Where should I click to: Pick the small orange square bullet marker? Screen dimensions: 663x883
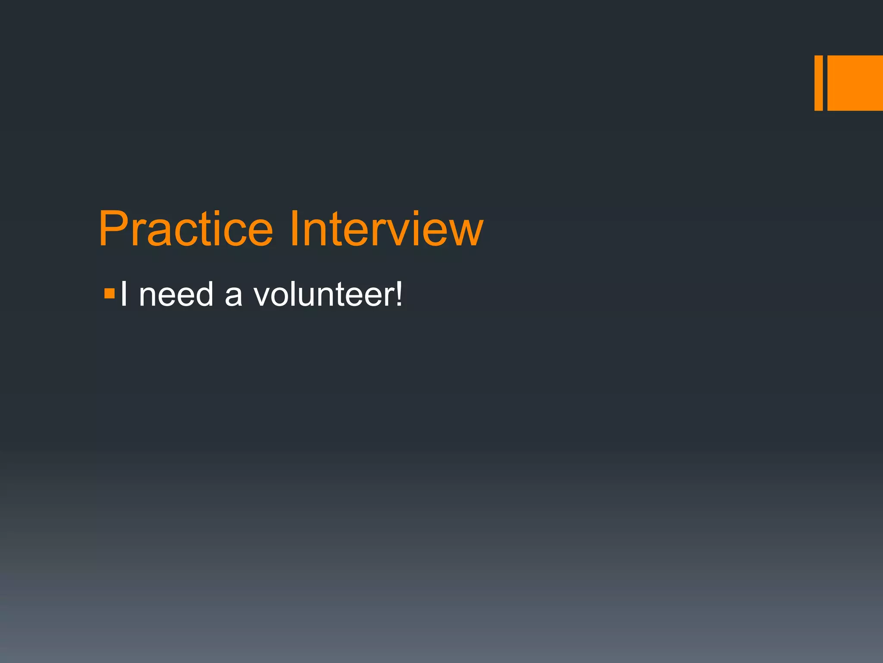(x=110, y=294)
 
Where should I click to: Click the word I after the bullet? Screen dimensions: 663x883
(x=124, y=294)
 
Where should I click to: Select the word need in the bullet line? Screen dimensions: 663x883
(x=176, y=294)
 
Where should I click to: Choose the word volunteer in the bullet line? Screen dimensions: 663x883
(x=323, y=294)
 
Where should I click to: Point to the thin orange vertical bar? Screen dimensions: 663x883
(x=818, y=83)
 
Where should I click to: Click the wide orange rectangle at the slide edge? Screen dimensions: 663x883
(x=855, y=83)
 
